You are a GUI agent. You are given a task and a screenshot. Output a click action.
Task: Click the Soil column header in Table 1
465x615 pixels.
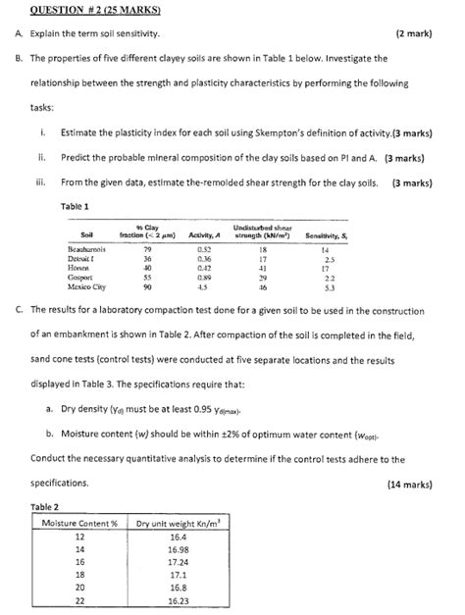pos(85,236)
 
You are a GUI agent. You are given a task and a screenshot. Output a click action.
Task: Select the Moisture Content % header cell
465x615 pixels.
pos(80,524)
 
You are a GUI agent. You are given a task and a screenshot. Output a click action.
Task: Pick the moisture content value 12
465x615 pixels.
pos(80,538)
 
